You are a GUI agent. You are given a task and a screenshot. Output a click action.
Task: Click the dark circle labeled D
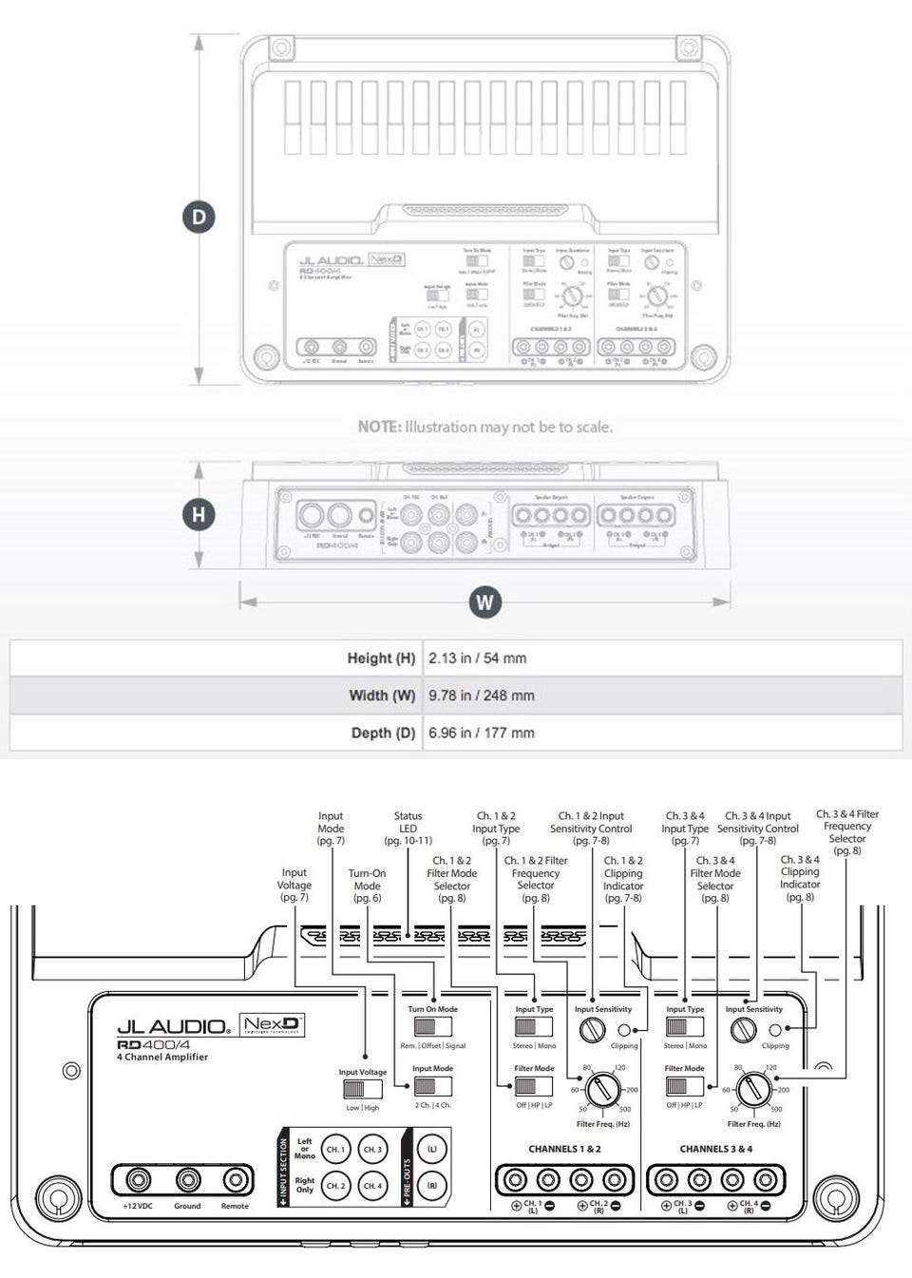pyautogui.click(x=199, y=217)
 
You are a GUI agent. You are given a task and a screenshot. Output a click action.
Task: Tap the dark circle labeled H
pyautogui.click(x=199, y=515)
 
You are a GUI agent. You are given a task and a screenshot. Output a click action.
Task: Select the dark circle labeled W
pyautogui.click(x=484, y=601)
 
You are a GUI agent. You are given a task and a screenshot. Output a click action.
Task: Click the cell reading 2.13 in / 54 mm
pyautogui.click(x=477, y=658)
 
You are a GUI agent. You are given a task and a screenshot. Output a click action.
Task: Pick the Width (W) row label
pyautogui.click(x=382, y=696)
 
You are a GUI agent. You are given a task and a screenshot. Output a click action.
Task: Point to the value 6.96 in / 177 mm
pyautogui.click(x=481, y=733)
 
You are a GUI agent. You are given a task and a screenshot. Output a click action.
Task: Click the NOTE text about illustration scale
pyautogui.click(x=484, y=427)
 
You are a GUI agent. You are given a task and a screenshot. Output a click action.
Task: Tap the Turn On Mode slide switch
pyautogui.click(x=432, y=1027)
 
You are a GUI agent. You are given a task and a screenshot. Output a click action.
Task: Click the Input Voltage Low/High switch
pyautogui.click(x=362, y=1090)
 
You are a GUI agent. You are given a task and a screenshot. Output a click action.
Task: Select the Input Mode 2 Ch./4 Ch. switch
pyautogui.click(x=432, y=1086)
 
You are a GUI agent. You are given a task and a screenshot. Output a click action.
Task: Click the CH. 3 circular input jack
pyautogui.click(x=372, y=1149)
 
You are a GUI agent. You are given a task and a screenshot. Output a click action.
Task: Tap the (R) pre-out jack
pyautogui.click(x=432, y=1186)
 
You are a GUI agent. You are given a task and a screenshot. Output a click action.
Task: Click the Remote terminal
pyautogui.click(x=235, y=1180)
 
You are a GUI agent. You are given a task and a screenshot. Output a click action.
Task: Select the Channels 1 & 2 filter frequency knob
pyautogui.click(x=601, y=1089)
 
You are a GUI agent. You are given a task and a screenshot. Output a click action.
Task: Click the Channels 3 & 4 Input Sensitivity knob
pyautogui.click(x=743, y=1029)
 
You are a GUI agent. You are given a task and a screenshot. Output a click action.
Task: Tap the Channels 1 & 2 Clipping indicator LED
pyautogui.click(x=624, y=1030)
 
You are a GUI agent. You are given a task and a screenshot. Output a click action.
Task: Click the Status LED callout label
pyautogui.click(x=408, y=828)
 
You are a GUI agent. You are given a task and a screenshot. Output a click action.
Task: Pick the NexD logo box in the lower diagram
pyautogui.click(x=272, y=1025)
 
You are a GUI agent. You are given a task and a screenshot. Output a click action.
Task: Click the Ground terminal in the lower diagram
pyautogui.click(x=187, y=1180)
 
